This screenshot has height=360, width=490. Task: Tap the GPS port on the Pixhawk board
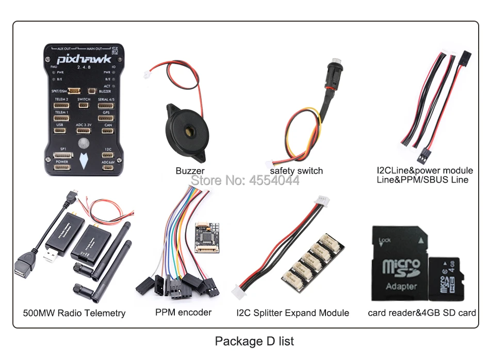click(106, 118)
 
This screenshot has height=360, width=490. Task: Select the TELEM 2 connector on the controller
click(61, 105)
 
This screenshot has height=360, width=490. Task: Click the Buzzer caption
click(190, 171)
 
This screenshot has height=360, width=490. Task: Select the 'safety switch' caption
click(296, 171)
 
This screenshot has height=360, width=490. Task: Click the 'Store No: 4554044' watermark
click(245, 181)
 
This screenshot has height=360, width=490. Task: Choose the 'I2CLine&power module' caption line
click(424, 170)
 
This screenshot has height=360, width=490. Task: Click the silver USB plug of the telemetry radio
click(51, 256)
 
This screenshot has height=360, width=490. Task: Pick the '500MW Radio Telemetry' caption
click(74, 313)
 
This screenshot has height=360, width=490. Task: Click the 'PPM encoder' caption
click(183, 312)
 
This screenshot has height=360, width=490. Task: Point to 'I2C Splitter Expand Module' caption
click(292, 313)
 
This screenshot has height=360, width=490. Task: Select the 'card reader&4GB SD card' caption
click(421, 313)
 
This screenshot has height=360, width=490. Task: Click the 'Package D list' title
click(254, 341)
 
